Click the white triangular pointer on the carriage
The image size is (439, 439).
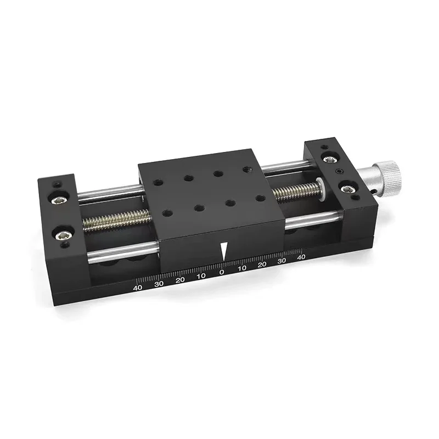223,251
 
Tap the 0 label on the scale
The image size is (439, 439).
222,272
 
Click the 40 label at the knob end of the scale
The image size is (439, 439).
301,257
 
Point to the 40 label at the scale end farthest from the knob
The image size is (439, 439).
138,288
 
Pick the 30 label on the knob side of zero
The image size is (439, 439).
282,261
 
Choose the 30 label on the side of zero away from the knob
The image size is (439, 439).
159,284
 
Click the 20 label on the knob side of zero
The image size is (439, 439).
262,264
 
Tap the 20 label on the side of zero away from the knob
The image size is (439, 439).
180,280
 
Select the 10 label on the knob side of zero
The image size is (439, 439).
242,268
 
